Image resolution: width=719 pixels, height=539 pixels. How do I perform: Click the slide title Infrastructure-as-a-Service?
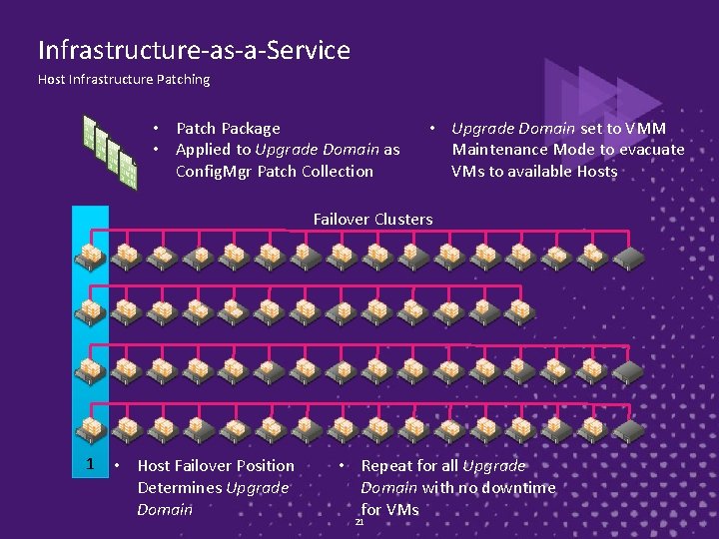pos(194,50)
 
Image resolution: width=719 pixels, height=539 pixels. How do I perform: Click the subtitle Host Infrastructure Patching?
pos(124,80)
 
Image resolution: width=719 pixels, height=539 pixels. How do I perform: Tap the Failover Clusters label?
pos(372,219)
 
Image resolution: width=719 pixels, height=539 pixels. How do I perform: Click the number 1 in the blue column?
pos(90,464)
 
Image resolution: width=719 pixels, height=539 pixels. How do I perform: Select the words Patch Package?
pos(228,128)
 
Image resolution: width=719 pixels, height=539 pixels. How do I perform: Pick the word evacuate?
pos(651,150)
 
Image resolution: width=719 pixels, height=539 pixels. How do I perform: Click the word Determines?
pos(180,487)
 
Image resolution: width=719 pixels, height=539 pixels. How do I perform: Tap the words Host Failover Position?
pos(216,465)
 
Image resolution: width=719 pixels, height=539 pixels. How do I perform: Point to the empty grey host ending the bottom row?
pos(629,430)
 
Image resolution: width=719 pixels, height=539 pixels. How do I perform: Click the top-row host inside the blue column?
pos(91,258)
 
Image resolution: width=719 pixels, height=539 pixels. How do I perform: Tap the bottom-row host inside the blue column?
pos(91,429)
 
